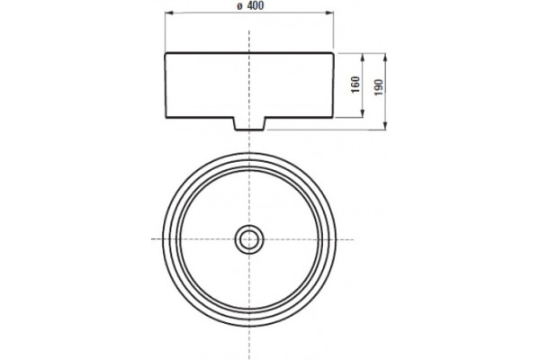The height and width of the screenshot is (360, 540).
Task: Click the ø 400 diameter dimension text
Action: pos(250,5)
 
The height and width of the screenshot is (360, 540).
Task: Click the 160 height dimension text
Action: pos(355,85)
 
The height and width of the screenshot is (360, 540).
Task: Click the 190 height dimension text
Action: pos(379,87)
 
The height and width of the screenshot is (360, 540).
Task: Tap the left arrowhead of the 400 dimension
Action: pos(169,13)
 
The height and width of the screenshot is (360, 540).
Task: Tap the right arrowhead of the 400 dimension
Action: pos(329,13)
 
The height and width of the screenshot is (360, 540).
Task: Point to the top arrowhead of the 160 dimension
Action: pos(363,58)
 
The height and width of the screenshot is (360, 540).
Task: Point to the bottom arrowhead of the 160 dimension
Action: pos(363,113)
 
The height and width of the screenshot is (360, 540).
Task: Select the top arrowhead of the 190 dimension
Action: pos(385,58)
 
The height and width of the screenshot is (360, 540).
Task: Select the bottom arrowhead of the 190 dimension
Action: pos(385,126)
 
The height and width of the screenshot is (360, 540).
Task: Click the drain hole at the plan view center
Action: pos(249,239)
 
